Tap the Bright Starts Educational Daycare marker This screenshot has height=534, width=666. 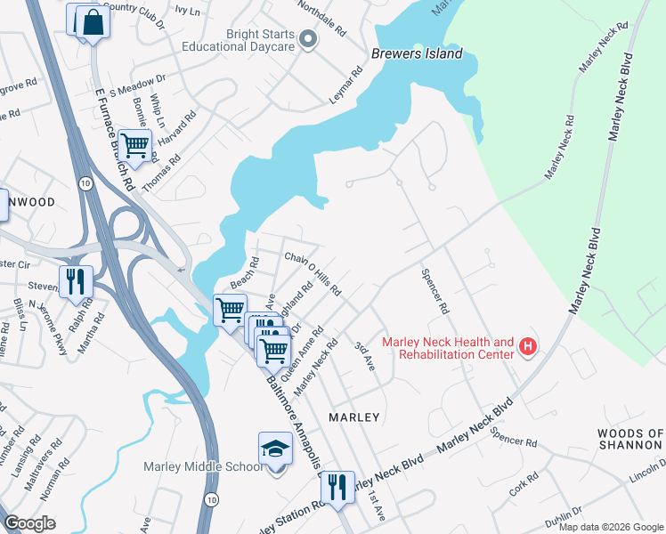[308, 39]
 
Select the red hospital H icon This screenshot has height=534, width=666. [528, 345]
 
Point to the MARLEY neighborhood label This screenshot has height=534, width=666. [354, 417]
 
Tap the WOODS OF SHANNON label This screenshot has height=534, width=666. [630, 439]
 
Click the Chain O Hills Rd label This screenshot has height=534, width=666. [313, 273]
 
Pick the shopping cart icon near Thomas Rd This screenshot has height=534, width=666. [134, 145]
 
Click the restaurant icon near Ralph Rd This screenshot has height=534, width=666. [75, 281]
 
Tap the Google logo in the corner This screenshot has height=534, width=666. [29, 523]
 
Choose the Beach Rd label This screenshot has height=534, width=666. [244, 273]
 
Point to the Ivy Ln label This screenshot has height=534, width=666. [187, 11]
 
